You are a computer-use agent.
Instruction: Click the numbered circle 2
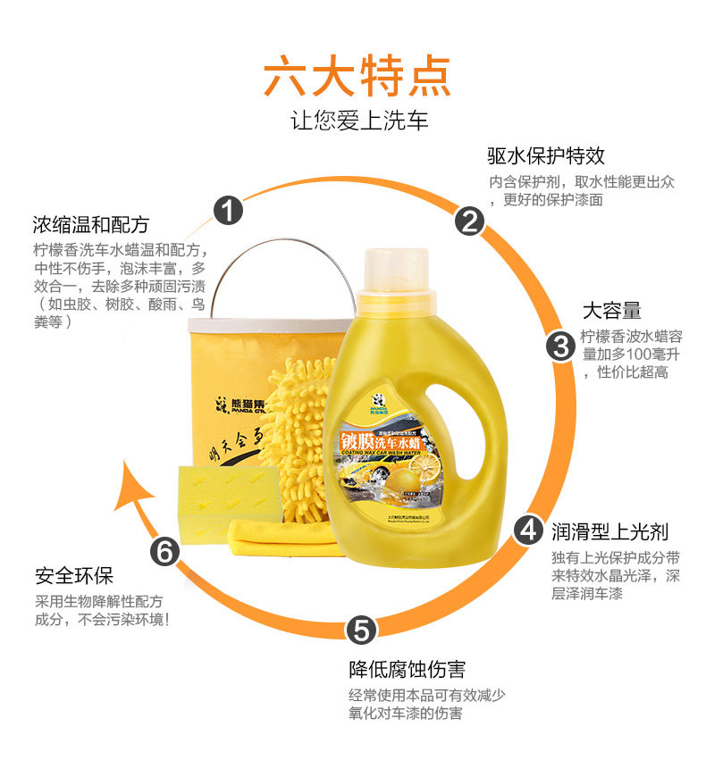tap(469, 221)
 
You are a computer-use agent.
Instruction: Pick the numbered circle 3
tap(560, 345)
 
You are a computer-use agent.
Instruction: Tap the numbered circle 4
tap(529, 530)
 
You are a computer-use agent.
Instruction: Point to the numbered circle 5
tap(359, 630)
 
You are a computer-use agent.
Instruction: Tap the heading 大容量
tap(611, 311)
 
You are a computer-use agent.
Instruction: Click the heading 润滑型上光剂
tap(609, 532)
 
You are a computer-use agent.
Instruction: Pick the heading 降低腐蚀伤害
tap(407, 669)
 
